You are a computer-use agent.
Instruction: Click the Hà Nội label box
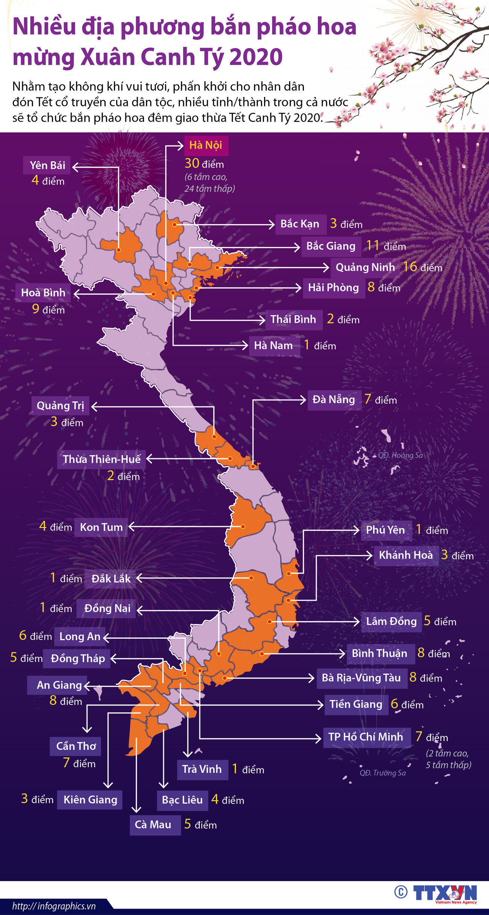click(206, 145)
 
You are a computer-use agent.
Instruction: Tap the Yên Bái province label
click(47, 165)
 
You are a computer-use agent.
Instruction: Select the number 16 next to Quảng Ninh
click(410, 267)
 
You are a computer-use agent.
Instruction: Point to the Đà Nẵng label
click(334, 400)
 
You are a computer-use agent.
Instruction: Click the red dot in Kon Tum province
click(243, 527)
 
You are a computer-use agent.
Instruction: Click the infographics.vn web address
click(54, 906)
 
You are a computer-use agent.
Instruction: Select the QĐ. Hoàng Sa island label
click(400, 455)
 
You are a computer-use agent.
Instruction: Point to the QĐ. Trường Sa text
click(383, 773)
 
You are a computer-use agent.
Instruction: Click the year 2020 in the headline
click(256, 57)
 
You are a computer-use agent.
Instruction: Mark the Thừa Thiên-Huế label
click(102, 459)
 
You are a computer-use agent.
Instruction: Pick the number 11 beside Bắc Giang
click(372, 245)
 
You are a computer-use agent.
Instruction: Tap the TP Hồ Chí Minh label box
click(366, 737)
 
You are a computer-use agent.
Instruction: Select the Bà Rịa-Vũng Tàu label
click(361, 678)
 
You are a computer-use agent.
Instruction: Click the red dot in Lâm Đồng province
click(270, 621)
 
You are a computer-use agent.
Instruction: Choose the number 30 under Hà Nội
click(192, 164)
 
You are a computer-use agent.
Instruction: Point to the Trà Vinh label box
click(202, 769)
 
